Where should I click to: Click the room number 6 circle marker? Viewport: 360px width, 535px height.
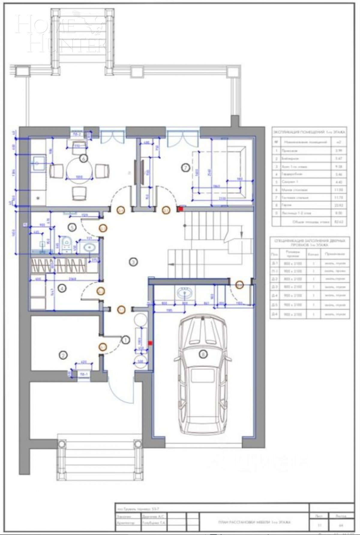point(84,157)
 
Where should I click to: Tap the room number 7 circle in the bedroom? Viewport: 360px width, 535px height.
point(186,168)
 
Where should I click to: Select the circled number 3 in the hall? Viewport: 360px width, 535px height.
point(133,262)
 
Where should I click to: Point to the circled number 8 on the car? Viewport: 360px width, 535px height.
point(203,355)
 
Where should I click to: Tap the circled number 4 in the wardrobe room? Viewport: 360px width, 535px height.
point(62,289)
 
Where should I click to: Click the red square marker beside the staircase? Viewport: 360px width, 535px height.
point(181,209)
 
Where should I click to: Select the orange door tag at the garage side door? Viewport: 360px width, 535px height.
point(239,284)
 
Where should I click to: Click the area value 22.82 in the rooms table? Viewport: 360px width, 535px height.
point(340,205)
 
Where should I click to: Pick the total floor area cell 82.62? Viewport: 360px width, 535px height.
point(340,222)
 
